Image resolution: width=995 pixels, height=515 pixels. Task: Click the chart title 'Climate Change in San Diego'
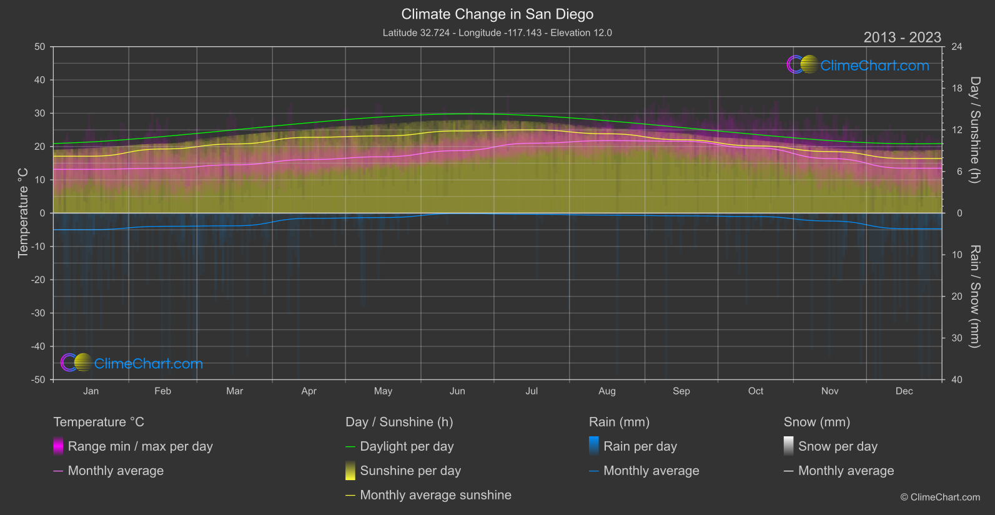click(x=497, y=14)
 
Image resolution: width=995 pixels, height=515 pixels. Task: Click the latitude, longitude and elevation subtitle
click(x=497, y=33)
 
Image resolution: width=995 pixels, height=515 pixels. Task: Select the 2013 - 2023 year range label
click(x=902, y=37)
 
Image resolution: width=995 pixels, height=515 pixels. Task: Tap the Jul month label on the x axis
click(x=532, y=391)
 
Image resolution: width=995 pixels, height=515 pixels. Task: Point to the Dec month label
click(x=904, y=391)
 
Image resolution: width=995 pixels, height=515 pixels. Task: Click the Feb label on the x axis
click(x=162, y=391)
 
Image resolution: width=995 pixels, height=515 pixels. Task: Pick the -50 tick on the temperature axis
click(x=39, y=380)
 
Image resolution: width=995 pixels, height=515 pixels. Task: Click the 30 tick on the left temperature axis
click(x=40, y=114)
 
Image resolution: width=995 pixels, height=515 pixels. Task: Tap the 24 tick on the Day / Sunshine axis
click(x=956, y=47)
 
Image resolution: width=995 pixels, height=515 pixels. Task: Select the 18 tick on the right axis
click(x=956, y=89)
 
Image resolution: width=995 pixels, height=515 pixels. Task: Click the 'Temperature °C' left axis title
click(x=23, y=212)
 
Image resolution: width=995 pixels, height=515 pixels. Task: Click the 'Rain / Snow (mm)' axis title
click(x=974, y=296)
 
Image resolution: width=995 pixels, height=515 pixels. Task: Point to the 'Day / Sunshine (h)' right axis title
click(x=974, y=130)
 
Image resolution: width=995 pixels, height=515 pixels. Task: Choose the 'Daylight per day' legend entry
click(x=407, y=446)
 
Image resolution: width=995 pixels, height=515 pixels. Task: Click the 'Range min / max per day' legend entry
click(x=140, y=446)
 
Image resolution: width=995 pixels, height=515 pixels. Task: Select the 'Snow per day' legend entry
click(x=838, y=446)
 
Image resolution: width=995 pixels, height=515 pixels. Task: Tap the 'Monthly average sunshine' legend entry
click(x=435, y=495)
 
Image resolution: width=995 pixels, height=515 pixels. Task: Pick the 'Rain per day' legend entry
click(x=640, y=446)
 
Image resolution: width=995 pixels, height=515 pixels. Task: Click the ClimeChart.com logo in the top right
click(x=858, y=65)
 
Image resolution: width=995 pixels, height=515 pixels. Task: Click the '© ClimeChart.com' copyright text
click(x=940, y=498)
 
